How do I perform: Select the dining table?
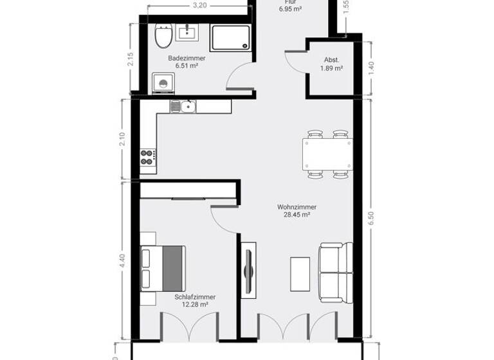tap(327, 154)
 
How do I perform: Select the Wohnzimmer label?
tap(297, 207)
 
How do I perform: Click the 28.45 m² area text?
tap(297, 215)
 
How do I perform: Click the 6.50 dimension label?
tap(371, 217)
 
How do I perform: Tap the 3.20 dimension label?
tap(199, 6)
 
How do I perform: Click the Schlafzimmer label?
tap(195, 297)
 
